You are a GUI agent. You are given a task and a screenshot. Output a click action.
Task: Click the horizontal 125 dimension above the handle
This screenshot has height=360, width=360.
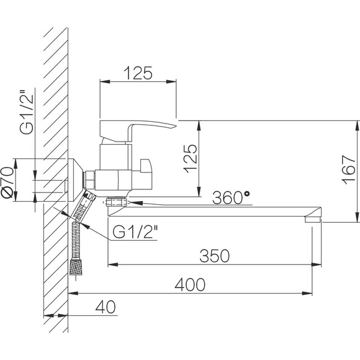click(x=138, y=73)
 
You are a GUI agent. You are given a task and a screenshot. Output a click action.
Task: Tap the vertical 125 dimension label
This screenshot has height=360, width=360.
click(x=190, y=159)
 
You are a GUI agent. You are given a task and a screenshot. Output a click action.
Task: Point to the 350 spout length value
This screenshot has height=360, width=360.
click(x=214, y=256)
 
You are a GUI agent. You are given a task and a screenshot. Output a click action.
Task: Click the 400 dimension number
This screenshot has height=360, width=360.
click(x=190, y=284)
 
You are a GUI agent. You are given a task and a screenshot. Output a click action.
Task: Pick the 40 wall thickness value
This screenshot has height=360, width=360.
click(x=106, y=307)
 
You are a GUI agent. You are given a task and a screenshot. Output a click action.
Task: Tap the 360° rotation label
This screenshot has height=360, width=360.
click(x=231, y=197)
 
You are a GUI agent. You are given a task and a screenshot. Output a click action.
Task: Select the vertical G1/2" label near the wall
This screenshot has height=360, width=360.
click(x=27, y=112)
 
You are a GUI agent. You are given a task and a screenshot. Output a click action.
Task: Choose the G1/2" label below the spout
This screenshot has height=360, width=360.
click(x=135, y=232)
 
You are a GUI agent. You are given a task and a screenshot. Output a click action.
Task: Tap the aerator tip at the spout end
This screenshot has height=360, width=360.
click(x=312, y=220)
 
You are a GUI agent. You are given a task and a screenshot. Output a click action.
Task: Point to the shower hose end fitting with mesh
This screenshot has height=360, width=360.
click(x=76, y=267)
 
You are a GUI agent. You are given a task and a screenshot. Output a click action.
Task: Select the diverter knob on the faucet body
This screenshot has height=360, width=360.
click(x=146, y=166)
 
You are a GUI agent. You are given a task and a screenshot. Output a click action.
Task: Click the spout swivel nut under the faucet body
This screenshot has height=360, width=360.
click(x=117, y=202)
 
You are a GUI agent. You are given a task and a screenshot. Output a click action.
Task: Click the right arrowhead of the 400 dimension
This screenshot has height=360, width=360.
click(x=307, y=293)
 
